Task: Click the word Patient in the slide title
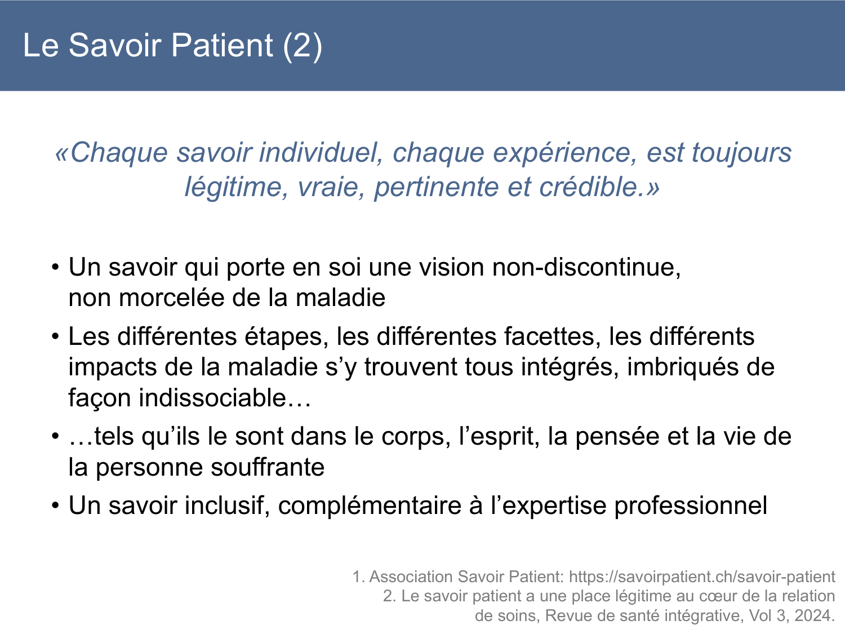(x=222, y=45)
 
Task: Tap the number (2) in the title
(x=303, y=45)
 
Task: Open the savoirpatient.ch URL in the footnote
(x=702, y=577)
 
